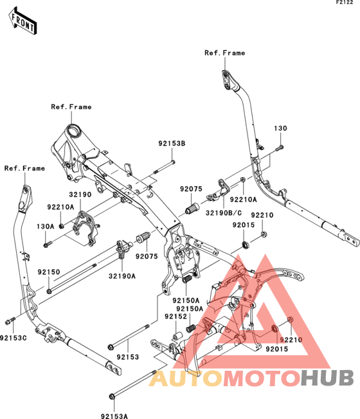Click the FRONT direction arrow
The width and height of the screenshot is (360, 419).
[x=22, y=21]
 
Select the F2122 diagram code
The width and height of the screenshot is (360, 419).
[x=345, y=3]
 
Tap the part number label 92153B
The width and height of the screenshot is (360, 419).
[x=172, y=144]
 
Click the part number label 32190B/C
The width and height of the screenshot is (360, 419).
[x=224, y=213]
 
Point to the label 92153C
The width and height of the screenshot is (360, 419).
[x=14, y=338]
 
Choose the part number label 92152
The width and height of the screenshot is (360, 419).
[x=176, y=317]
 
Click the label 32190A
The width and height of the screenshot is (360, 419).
[x=122, y=276]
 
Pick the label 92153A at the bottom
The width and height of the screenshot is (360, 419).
[x=114, y=416]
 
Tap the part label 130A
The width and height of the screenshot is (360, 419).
[x=46, y=227]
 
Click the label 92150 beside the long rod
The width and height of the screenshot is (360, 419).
[x=49, y=272]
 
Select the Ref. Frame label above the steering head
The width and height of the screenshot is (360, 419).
[x=71, y=107]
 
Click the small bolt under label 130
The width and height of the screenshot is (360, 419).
[x=280, y=147]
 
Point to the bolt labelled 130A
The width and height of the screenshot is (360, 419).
[x=48, y=244]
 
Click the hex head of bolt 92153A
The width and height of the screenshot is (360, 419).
[x=112, y=396]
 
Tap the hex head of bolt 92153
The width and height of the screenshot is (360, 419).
[x=110, y=348]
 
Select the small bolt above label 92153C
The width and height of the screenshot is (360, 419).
[x=10, y=321]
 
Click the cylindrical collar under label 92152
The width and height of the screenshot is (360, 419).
[x=177, y=335]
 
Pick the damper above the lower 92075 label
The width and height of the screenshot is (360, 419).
[x=143, y=237]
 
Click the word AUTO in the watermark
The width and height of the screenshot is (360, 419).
[x=186, y=378]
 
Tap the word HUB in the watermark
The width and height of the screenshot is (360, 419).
[x=328, y=378]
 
